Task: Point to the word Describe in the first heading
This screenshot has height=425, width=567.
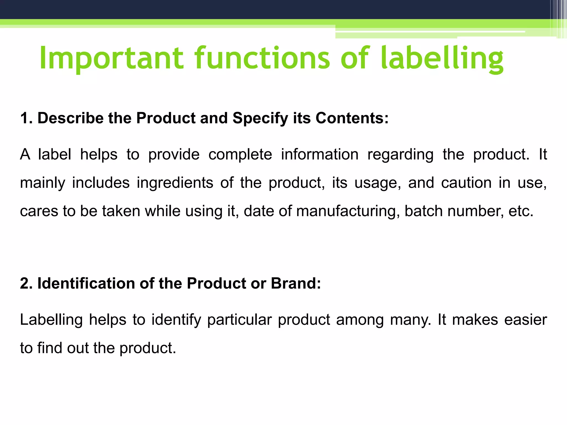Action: [x=71, y=118]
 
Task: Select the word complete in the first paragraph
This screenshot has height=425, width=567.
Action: [x=240, y=154]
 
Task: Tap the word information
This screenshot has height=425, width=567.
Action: [x=320, y=154]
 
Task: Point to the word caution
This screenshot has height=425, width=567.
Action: [x=466, y=183]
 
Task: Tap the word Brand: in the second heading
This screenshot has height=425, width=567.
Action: [x=296, y=283]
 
